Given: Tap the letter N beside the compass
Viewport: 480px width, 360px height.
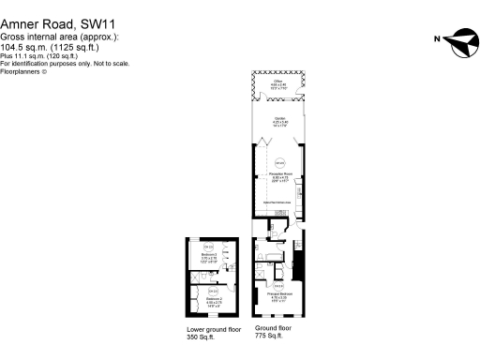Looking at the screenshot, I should click(x=436, y=39).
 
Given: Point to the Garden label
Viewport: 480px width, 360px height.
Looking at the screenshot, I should click(x=279, y=120).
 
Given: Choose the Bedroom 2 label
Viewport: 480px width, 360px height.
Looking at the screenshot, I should click(x=213, y=301).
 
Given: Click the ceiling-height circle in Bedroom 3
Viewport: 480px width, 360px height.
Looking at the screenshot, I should click(x=208, y=247).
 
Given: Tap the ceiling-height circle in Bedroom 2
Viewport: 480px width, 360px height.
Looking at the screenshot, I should click(x=213, y=291).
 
